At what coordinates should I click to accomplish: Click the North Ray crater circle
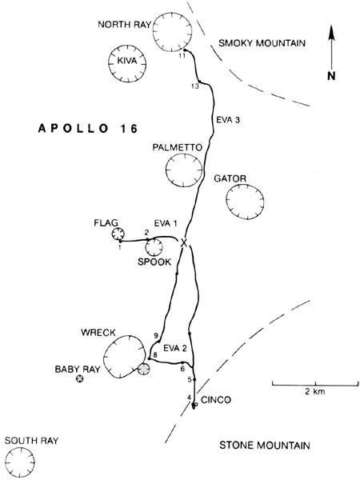click(x=153, y=32)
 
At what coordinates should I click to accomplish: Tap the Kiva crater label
click(x=127, y=61)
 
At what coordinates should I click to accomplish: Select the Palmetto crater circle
click(x=166, y=170)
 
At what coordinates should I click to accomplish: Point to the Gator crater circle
click(x=226, y=202)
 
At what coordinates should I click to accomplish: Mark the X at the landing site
click(x=184, y=243)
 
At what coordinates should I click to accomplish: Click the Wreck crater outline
click(x=104, y=357)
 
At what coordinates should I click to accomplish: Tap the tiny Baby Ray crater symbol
click(x=79, y=379)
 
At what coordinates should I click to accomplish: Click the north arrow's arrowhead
click(x=331, y=33)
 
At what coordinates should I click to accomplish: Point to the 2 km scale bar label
click(x=315, y=391)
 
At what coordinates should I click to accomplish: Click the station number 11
click(x=182, y=56)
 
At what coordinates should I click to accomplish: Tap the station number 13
click(x=195, y=86)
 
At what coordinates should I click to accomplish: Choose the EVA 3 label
click(x=228, y=120)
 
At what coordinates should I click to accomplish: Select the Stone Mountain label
click(x=265, y=445)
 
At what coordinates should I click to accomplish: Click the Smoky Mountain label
click(x=262, y=43)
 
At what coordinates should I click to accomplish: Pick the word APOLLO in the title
click(x=74, y=129)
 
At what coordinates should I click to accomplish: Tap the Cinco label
click(x=216, y=400)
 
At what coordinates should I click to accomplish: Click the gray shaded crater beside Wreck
click(x=143, y=370)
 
